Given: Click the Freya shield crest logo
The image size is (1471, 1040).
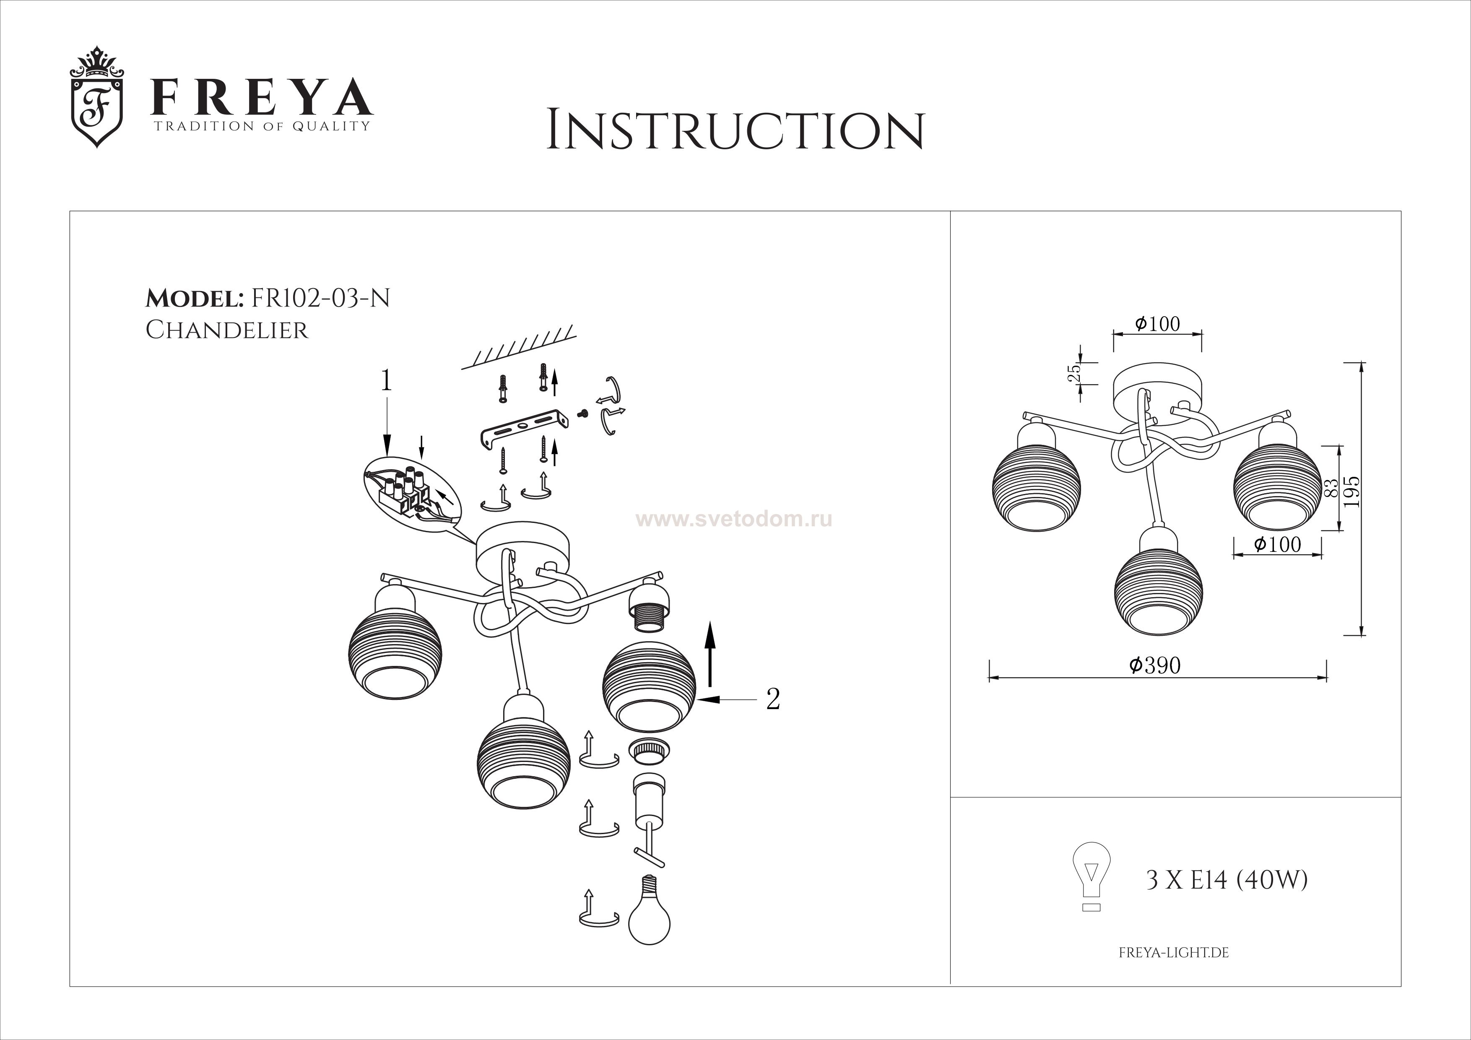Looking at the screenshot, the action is [97, 97].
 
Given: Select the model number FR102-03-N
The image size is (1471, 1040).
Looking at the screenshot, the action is [321, 299].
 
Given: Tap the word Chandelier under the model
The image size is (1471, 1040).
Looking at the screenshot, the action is [227, 330].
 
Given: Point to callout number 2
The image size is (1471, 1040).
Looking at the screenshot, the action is [773, 699].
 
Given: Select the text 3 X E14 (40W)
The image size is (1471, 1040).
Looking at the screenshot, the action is [1226, 881].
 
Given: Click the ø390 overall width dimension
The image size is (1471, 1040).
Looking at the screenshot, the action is [1155, 666].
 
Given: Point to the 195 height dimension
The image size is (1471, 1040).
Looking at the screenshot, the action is [1352, 492].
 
